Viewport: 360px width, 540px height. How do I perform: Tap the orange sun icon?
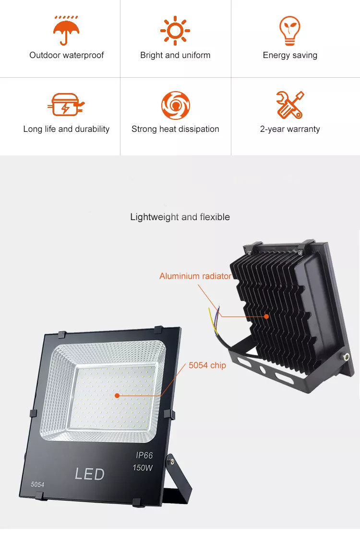175,30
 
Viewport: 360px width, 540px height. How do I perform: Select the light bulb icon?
289,30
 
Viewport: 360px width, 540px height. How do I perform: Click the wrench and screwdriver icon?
290,105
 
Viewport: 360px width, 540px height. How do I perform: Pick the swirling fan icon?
176,106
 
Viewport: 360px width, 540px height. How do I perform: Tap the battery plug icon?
66,105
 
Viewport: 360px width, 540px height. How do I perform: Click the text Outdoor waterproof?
67,55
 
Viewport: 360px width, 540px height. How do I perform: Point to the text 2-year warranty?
290,129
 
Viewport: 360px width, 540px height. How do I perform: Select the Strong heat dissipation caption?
175,129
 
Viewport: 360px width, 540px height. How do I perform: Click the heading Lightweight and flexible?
180,217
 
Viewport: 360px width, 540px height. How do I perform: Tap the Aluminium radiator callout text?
195,276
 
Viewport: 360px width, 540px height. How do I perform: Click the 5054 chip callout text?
207,365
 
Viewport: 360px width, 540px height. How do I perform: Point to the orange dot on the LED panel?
117,396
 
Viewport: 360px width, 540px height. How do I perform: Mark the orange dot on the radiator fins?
266,316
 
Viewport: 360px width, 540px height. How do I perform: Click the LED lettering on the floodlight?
90,474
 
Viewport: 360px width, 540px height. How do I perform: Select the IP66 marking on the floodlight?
144,455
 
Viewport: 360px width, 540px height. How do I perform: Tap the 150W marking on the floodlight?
143,468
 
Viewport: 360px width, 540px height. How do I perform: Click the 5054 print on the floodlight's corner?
37,484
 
